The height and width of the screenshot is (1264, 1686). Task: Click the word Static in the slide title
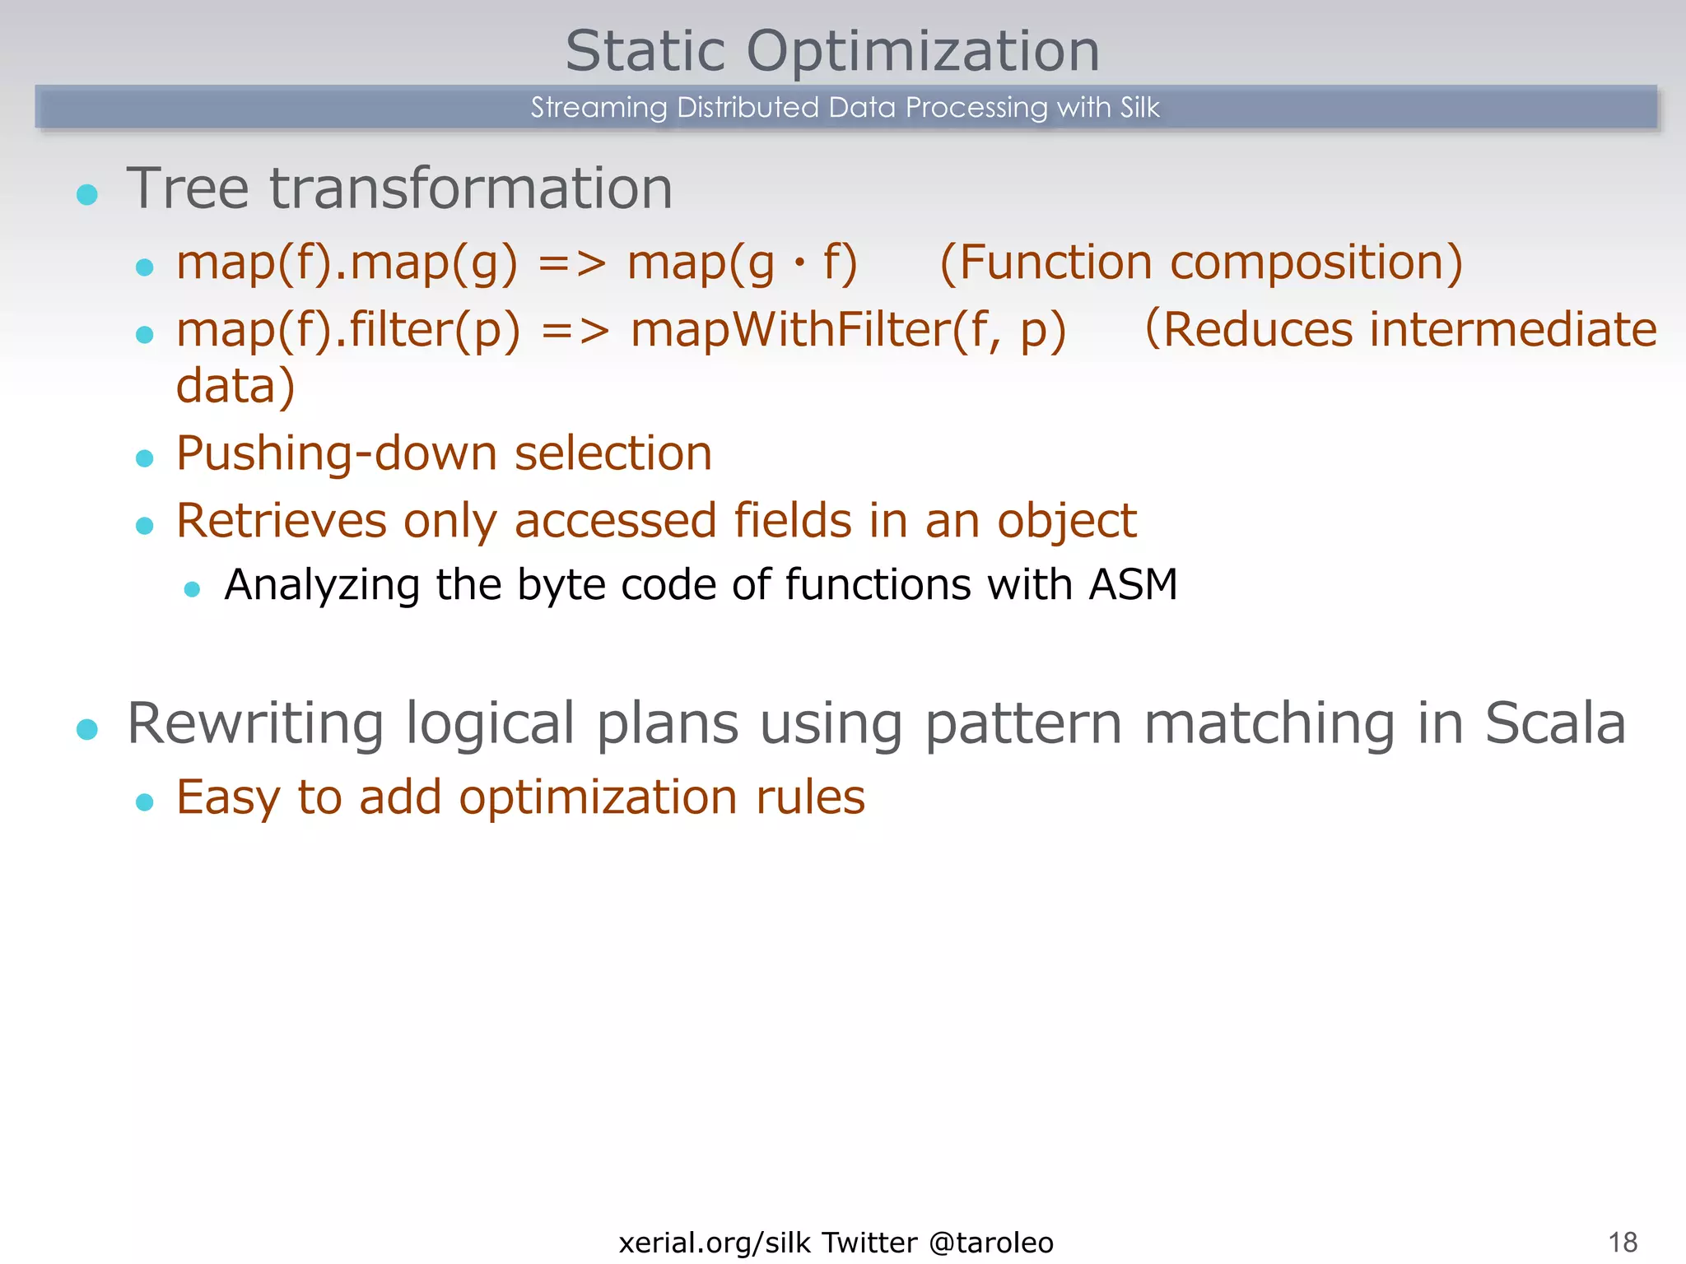(x=645, y=51)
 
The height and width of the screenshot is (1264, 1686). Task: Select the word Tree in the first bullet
(x=187, y=188)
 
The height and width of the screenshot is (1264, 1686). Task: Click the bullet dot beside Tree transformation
(x=87, y=195)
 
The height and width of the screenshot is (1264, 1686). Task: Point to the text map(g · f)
(x=742, y=264)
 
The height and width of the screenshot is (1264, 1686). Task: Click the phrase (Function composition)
(x=1201, y=263)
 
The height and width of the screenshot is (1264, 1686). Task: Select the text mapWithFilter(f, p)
(x=848, y=331)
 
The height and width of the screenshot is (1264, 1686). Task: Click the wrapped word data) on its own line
(x=235, y=386)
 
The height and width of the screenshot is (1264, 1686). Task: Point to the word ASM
(x=1133, y=585)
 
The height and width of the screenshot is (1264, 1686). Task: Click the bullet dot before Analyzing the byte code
(x=193, y=589)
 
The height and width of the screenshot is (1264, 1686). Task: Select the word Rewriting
(x=255, y=724)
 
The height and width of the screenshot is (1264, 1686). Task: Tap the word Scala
(x=1554, y=724)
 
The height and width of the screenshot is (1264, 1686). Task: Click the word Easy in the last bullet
(x=228, y=797)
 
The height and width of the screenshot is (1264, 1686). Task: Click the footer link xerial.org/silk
(x=715, y=1242)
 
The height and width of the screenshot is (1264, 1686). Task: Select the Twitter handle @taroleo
(x=990, y=1242)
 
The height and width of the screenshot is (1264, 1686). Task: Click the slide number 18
(x=1623, y=1242)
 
